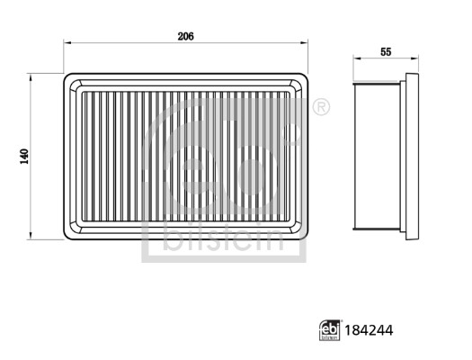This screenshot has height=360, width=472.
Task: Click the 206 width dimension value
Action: (x=185, y=37)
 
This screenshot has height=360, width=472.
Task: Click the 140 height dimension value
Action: (x=24, y=157)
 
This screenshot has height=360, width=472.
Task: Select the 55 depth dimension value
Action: (x=386, y=52)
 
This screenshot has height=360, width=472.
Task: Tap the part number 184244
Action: (x=369, y=330)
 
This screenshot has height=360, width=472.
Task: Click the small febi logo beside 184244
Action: (x=330, y=330)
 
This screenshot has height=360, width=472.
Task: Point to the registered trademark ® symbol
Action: (x=321, y=107)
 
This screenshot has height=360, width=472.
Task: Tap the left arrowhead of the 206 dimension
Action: (x=67, y=43)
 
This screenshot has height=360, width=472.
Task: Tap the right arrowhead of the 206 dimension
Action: (x=305, y=43)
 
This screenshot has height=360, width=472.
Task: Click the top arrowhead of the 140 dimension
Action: (x=31, y=76)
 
